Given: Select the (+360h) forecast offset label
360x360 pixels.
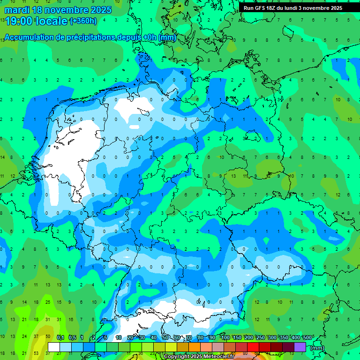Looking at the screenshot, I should tap(83, 21).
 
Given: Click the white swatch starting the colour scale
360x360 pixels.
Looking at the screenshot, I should tap(53, 347).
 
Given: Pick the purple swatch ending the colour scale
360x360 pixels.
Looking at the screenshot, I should tap(300, 347).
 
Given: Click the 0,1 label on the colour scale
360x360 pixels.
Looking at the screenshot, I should tap(60, 338).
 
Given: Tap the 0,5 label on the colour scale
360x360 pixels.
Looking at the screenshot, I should tap(72, 338).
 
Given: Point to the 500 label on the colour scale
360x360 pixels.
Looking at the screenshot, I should tap(307, 338).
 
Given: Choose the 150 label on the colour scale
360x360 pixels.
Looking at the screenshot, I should tap(237, 338).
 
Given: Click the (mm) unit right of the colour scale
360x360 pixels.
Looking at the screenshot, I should tap(317, 348).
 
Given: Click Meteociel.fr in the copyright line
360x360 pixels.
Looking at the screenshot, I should tap(217, 357).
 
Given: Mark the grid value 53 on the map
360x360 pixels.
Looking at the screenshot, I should tap(36, 353).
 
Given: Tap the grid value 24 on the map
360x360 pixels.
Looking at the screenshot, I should tap(24, 337).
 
